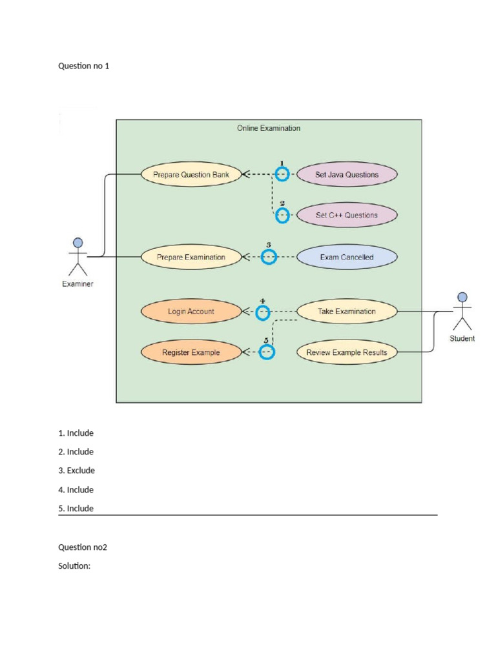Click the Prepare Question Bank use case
[191, 174]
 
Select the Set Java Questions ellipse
[347, 174]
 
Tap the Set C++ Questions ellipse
[347, 215]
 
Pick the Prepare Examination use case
[191, 257]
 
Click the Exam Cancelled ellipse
[347, 257]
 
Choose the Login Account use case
[191, 311]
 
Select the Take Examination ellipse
[347, 311]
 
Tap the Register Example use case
[191, 352]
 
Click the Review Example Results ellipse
[347, 352]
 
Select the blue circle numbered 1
[282, 174]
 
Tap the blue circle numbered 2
[282, 216]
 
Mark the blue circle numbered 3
[269, 257]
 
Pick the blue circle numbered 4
[263, 313]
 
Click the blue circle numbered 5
[267, 352]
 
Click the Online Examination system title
[268, 128]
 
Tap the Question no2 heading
[83, 547]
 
